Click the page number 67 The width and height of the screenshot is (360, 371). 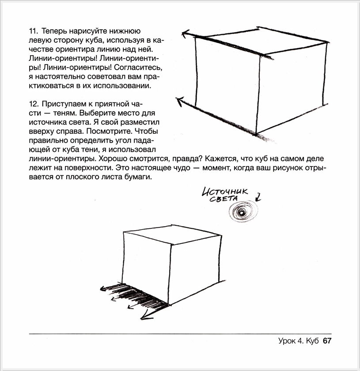(327, 341)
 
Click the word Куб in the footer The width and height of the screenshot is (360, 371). (312, 341)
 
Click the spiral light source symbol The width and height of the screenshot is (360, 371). (241, 214)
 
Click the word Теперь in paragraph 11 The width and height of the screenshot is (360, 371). (55, 31)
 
